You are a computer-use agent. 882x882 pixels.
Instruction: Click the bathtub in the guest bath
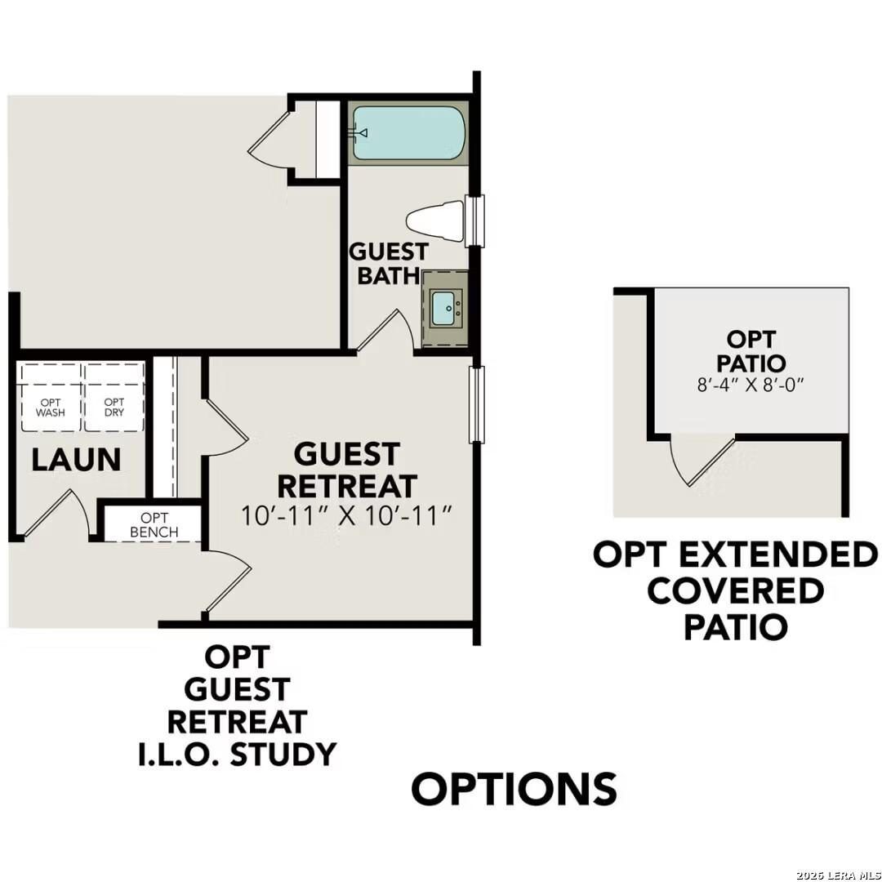(408, 133)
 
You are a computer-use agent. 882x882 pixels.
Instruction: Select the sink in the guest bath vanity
(445, 308)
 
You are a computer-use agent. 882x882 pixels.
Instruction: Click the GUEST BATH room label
(388, 263)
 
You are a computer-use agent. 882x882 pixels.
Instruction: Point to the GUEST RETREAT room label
(347, 470)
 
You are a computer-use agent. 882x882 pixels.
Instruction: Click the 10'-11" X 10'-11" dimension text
(347, 515)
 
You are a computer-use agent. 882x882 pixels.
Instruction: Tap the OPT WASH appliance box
(51, 407)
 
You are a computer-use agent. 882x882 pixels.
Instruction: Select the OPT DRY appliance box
(114, 407)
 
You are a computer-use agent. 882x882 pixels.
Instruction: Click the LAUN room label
(76, 460)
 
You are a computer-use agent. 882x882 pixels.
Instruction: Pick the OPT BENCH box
(154, 525)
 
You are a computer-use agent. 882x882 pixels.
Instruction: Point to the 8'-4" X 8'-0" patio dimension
(751, 384)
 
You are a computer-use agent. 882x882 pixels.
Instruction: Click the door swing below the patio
(698, 461)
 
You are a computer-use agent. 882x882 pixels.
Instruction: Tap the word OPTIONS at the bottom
(514, 789)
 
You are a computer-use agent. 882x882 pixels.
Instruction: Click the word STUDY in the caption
(283, 754)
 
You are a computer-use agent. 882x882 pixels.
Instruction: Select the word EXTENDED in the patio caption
(772, 555)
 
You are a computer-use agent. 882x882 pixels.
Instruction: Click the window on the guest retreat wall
(477, 404)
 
